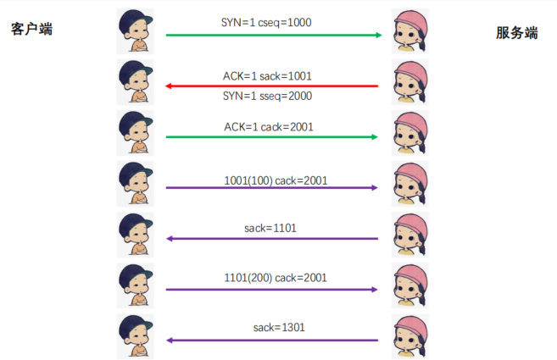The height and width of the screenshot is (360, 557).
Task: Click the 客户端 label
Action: tap(32, 29)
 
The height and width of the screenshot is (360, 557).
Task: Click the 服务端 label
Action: tap(517, 33)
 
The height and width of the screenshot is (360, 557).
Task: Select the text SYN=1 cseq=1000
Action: tap(272, 22)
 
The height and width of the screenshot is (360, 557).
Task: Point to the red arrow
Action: tap(272, 86)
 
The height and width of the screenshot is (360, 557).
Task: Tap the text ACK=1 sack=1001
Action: tap(272, 75)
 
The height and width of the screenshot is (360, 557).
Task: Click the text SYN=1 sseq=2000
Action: tap(272, 96)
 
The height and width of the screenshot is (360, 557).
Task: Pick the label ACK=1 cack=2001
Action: tap(272, 125)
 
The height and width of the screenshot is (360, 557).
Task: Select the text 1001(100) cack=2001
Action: tap(276, 180)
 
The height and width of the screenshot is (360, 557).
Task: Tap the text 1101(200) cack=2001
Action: tap(276, 277)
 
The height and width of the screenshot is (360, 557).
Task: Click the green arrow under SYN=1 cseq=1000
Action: tap(272, 36)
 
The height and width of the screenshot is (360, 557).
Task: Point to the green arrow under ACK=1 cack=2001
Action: tap(272, 136)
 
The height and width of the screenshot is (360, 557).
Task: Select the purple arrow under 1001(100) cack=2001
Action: tap(272, 188)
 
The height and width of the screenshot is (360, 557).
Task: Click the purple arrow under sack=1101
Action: tap(272, 239)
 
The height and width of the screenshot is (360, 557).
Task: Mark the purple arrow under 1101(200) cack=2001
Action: tap(272, 290)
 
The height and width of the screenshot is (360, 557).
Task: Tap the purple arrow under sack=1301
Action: tap(272, 340)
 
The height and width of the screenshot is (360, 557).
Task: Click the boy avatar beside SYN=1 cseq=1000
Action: tap(136, 31)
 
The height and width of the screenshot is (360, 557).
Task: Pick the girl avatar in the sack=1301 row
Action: tap(411, 336)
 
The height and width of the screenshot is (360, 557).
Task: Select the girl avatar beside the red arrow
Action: tap(411, 82)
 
